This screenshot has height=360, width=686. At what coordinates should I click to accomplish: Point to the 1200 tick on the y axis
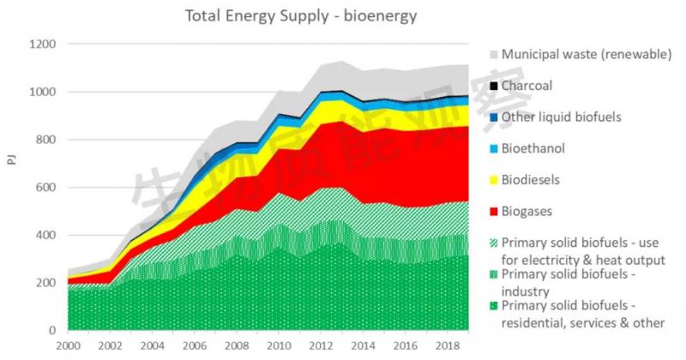[x=43, y=45]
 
